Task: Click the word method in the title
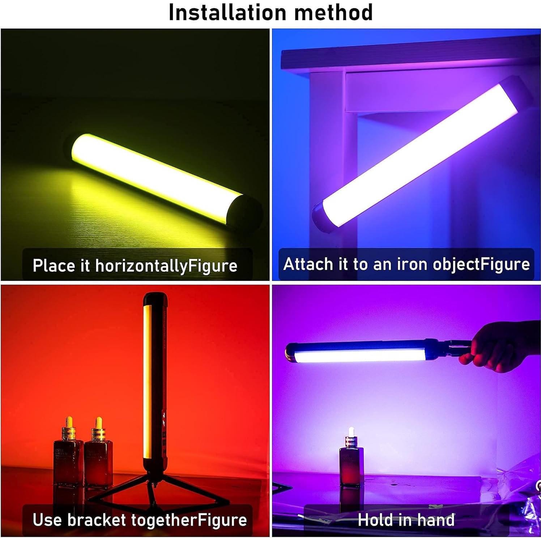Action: tap(333, 12)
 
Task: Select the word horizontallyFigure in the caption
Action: tap(166, 266)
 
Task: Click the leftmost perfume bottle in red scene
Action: tap(66, 456)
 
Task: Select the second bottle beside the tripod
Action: tap(98, 456)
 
